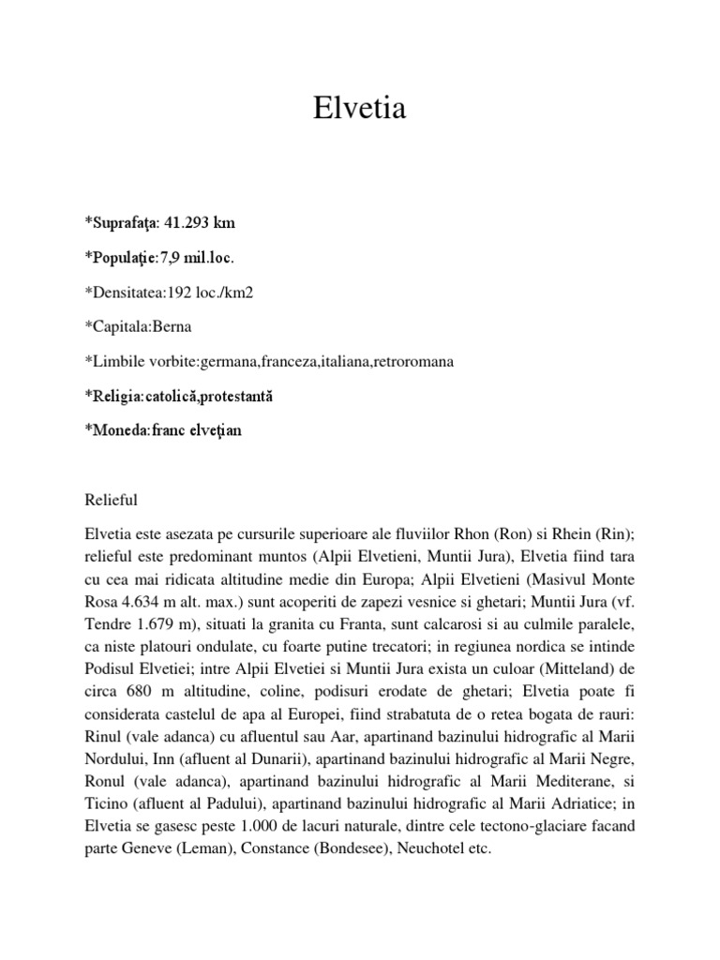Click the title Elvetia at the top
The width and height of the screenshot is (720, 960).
click(x=360, y=110)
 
